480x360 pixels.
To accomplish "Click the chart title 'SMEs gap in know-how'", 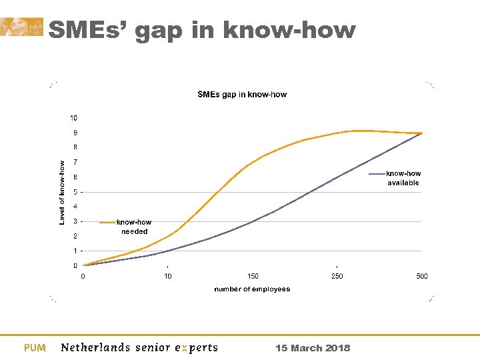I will (242, 95).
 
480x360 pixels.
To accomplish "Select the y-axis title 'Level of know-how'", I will (62, 192).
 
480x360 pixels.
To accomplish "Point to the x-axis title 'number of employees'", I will (252, 289).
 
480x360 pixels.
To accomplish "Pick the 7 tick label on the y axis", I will (75, 162).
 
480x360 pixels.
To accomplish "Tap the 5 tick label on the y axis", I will (75, 192).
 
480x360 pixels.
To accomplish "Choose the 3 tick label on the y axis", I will (75, 221).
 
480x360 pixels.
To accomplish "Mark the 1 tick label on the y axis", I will (75, 251).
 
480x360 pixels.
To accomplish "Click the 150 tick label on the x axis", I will (253, 276).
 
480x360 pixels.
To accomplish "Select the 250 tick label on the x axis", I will (337, 276).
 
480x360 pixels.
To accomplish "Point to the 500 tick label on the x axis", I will (421, 276).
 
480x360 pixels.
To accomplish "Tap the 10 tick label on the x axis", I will (168, 276).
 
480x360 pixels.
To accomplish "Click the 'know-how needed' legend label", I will (134, 227).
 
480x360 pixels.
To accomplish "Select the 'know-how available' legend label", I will (403, 178).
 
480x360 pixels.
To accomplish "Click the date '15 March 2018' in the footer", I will (313, 348).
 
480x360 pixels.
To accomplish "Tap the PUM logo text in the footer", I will (35, 348).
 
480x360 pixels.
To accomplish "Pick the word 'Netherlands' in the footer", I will (96, 347).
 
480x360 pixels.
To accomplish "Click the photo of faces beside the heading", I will (21, 27).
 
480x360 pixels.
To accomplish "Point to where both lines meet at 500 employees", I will (421, 133).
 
